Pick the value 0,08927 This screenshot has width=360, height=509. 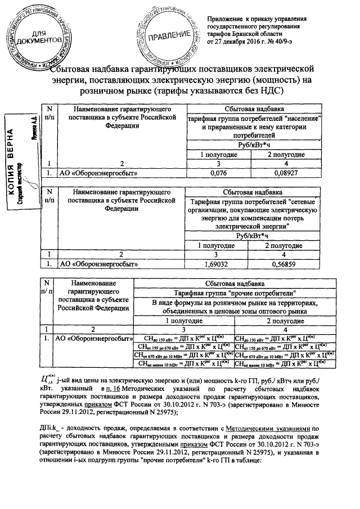point(285,173)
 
